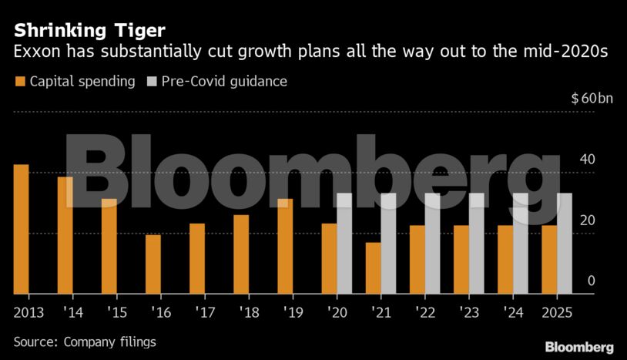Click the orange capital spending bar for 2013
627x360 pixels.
[21, 229]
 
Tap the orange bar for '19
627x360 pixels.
[285, 246]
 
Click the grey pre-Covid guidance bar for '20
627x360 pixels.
[344, 243]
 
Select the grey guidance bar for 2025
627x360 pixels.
[565, 243]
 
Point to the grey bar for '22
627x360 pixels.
[432, 243]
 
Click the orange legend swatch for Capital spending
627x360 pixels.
[19, 81]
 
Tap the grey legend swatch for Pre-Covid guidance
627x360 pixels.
[151, 81]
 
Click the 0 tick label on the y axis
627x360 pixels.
[592, 281]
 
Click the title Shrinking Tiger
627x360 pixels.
[89, 31]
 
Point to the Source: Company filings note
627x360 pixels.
[85, 341]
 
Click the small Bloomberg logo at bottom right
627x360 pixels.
[578, 347]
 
